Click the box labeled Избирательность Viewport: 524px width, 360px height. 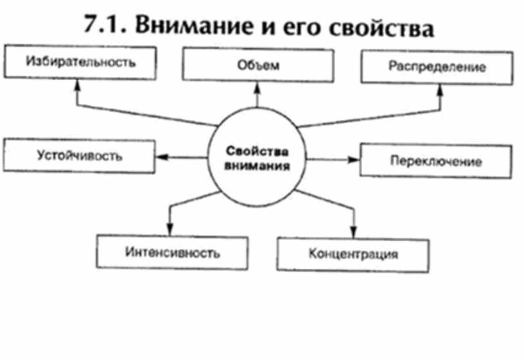pos(80,63)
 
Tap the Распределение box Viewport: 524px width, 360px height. pos(437,67)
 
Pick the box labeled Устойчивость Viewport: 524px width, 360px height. pos(79,156)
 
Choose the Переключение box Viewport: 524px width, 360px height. pos(435,160)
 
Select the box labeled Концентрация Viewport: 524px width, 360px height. pos(353,254)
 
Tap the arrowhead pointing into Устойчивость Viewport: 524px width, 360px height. pos(161,156)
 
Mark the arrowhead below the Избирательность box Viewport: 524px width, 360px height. pos(76,83)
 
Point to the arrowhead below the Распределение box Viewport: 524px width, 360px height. pos(440,88)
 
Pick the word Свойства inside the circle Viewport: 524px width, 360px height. pos(258,152)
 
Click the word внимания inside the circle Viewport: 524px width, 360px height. pos(258,165)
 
